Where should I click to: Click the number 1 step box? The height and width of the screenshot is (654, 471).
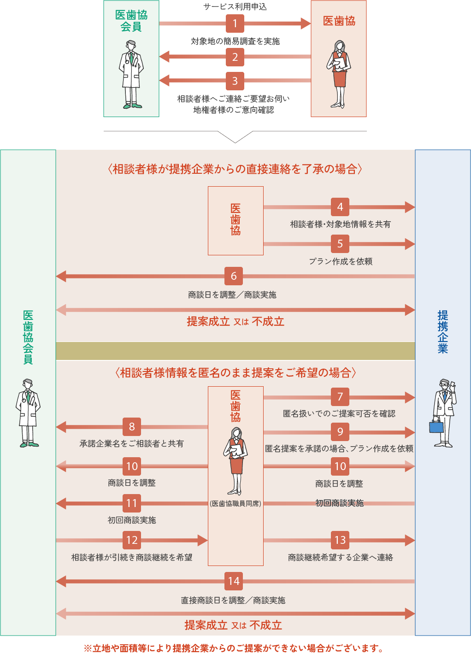coord(235,23)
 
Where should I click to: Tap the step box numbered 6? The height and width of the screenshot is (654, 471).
coord(234,276)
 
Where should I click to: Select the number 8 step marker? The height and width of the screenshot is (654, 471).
coord(132,427)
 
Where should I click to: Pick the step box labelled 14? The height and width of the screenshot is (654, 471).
coord(234,581)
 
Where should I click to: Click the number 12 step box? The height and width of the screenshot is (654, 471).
coord(132,540)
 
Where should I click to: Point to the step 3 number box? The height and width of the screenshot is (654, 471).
coord(235,81)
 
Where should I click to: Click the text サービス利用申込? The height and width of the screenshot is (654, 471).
coord(235,7)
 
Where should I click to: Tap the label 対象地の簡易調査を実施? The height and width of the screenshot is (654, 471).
coord(235,41)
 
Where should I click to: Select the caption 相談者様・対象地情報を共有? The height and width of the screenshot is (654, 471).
coord(340,224)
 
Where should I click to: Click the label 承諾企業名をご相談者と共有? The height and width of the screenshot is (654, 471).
coord(132,443)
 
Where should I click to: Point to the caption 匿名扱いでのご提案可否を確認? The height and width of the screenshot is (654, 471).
coord(339,414)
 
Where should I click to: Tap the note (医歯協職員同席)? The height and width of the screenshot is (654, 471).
coord(235,504)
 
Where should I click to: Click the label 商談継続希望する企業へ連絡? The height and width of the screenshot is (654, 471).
coord(340,558)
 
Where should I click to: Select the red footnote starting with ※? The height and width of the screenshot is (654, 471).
coord(234,648)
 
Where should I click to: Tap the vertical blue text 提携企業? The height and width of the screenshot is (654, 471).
coord(443,332)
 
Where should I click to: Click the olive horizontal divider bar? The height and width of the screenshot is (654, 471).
coord(235,351)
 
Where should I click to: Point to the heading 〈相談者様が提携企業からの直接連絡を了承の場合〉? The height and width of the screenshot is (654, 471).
coord(235,169)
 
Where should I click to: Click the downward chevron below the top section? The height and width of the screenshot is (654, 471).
coord(235,137)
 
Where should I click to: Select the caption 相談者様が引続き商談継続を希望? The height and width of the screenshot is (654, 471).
coord(132,558)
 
